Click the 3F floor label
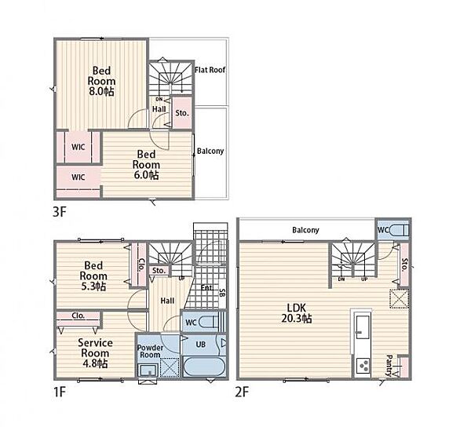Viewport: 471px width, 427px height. tap(59, 212)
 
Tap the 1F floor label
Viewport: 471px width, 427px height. tap(59, 392)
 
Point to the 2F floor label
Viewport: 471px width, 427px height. tap(242, 392)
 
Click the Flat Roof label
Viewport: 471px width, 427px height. tap(210, 70)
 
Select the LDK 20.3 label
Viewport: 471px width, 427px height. tap(297, 313)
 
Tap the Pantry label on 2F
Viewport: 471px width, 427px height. tap(389, 366)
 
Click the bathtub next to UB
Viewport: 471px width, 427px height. tap(203, 366)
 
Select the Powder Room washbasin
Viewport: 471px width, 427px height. tap(148, 370)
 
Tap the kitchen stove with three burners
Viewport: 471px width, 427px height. tap(363, 366)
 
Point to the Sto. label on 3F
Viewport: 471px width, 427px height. tap(182, 113)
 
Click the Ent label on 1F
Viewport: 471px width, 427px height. tap(206, 287)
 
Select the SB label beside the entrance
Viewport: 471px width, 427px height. tap(222, 292)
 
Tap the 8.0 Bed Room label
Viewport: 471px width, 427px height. tap(101, 81)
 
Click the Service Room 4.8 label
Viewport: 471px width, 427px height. tap(95, 353)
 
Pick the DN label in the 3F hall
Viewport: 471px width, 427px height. tap(159, 100)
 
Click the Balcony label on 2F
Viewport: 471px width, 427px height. tap(305, 230)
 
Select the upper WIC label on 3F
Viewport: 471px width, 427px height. tap(78, 147)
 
